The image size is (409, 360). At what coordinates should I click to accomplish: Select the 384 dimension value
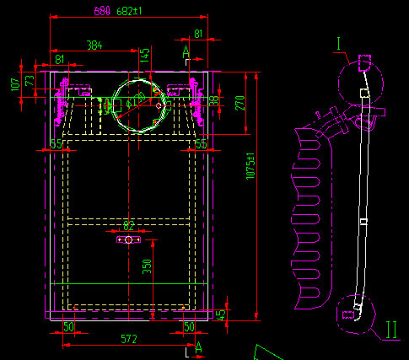point(94,45)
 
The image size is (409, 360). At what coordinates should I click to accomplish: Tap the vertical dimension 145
point(145,56)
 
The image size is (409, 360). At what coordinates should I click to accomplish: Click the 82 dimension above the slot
point(128,225)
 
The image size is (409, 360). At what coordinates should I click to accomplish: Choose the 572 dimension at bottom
point(128,339)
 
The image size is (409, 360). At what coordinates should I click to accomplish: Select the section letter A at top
point(186,52)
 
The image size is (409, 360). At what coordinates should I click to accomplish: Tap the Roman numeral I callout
point(338,42)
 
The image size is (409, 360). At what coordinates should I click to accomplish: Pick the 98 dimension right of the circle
point(214,100)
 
